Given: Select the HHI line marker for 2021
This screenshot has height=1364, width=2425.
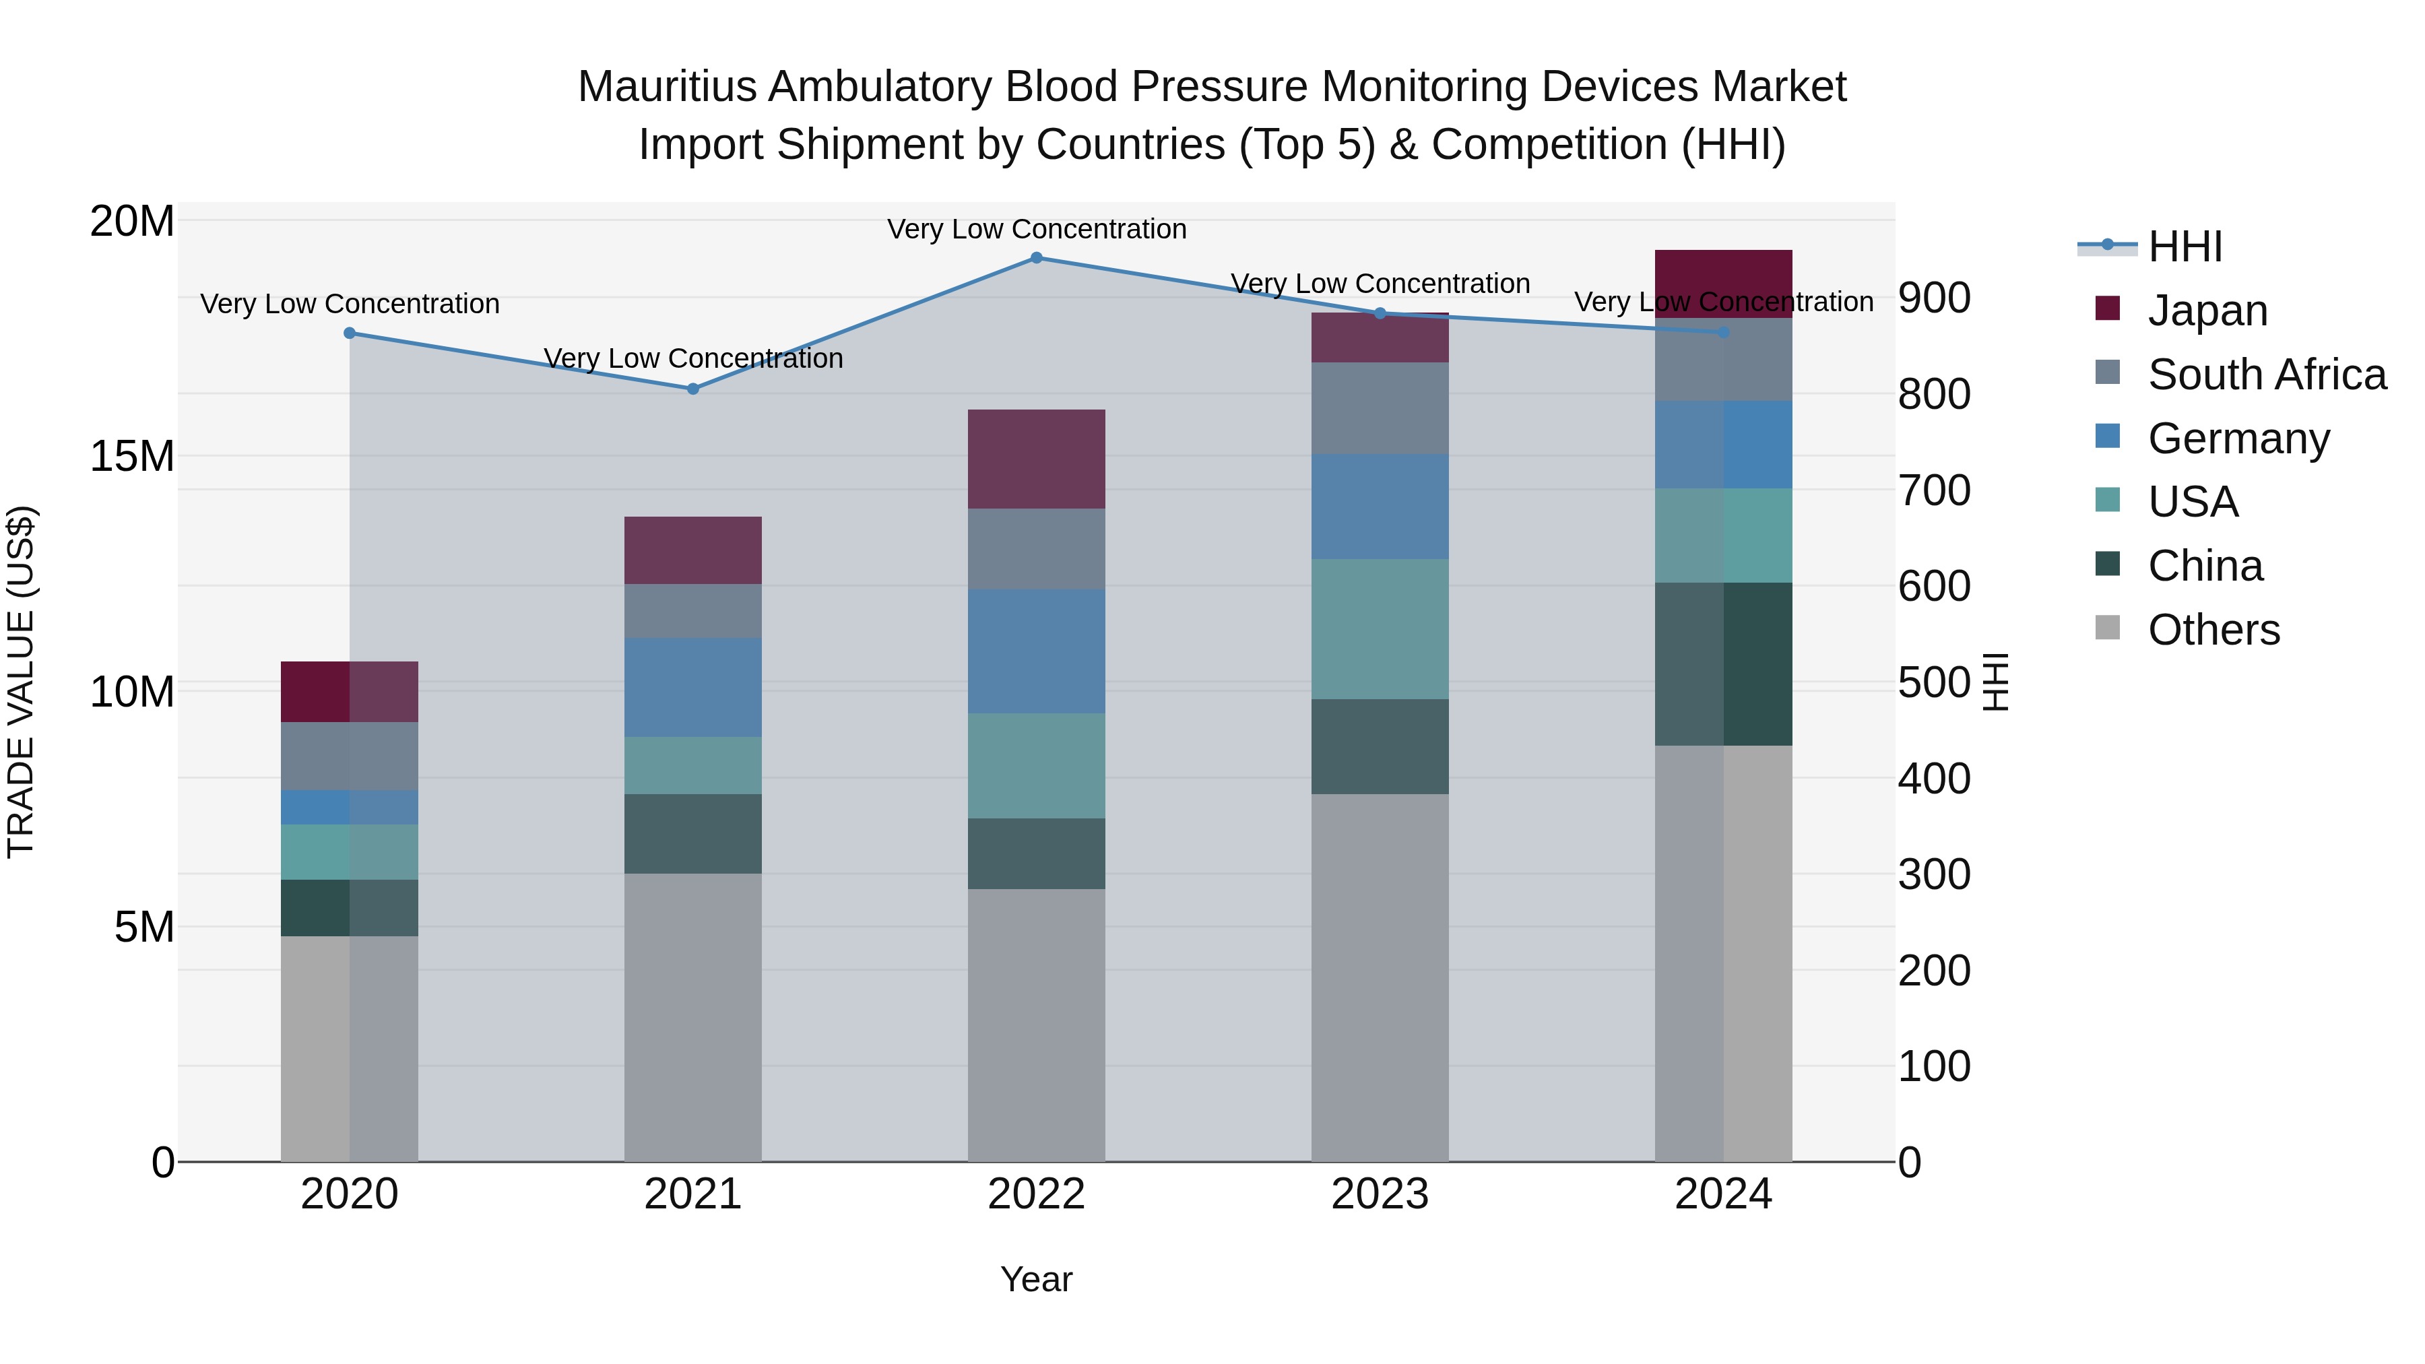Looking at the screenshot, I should (x=693, y=389).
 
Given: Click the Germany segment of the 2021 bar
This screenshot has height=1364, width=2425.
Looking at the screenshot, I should (x=693, y=687).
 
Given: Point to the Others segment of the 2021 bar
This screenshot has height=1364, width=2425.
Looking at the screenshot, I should (x=693, y=1016).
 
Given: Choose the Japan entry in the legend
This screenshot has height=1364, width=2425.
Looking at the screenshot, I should (x=2207, y=311).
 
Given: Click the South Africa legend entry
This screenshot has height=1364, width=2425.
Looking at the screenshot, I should (x=2266, y=375).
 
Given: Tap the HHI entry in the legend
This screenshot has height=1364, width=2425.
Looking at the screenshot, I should (x=2184, y=247).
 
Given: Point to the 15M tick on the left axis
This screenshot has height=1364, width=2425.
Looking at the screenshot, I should (x=132, y=457).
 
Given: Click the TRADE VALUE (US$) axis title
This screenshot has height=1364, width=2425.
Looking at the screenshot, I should (x=21, y=682).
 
